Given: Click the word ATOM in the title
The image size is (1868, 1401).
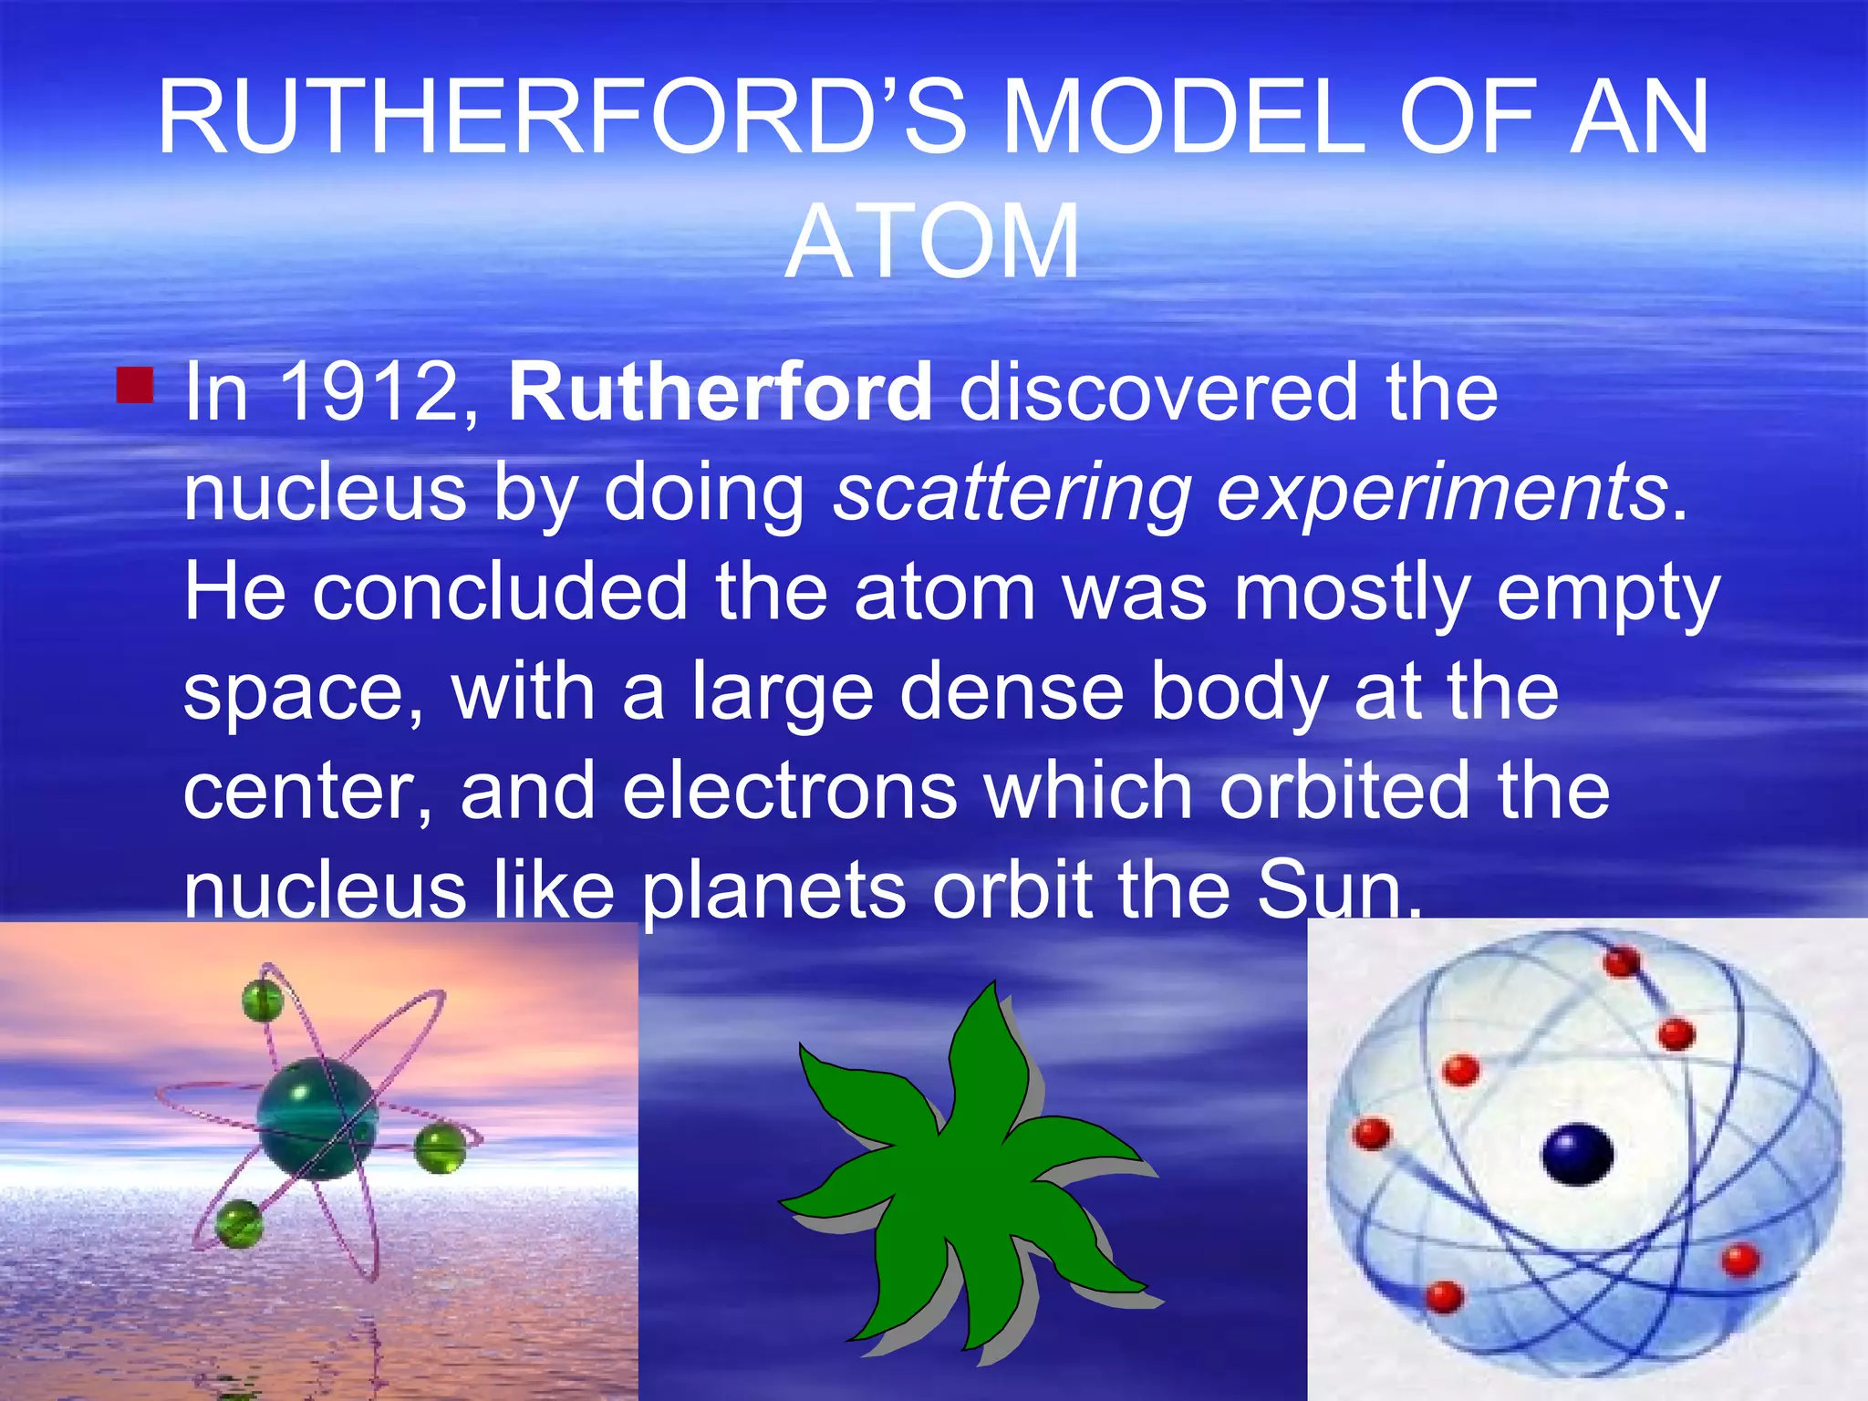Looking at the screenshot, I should point(932,243).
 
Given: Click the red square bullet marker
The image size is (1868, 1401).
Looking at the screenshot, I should point(135,384).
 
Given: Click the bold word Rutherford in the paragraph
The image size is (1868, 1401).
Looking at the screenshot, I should point(720,393).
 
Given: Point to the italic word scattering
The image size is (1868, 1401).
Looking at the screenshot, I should point(1012,493).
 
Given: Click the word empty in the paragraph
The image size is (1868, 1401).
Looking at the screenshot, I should point(1608,593).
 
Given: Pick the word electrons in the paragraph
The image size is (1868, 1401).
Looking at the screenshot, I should point(790,791).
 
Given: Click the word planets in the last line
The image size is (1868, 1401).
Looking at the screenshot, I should point(774,891).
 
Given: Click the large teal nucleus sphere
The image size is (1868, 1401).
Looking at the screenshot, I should point(317,1118).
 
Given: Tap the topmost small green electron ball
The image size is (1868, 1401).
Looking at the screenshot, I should point(263,1001).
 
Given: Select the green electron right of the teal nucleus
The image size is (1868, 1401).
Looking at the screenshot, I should point(440,1148).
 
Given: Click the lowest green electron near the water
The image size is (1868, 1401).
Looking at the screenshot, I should point(239,1223).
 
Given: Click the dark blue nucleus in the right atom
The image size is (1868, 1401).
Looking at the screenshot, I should point(1577,1155).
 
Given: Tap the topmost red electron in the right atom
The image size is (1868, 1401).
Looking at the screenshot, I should point(1622,961).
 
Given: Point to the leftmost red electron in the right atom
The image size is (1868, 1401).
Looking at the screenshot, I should point(1372,1134).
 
